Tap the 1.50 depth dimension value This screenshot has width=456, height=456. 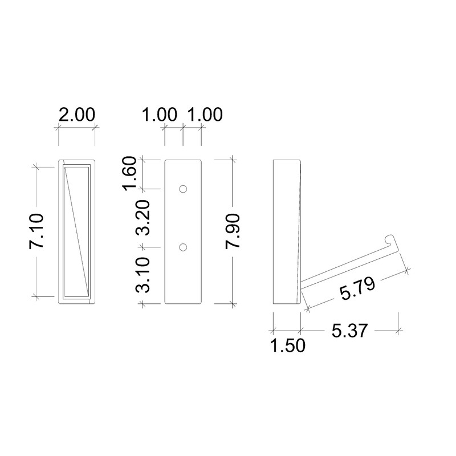point(287,345)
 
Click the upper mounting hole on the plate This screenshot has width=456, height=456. point(183,189)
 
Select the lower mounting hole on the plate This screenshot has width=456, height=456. point(183,247)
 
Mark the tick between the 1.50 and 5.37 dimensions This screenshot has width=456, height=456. point(300,329)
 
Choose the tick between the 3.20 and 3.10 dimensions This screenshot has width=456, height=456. point(142,247)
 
